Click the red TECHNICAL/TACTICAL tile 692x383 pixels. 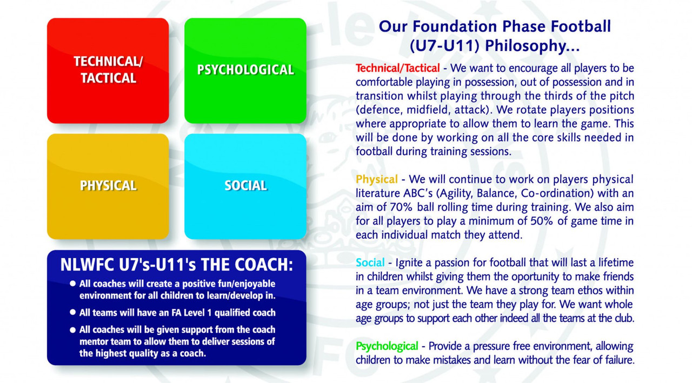[108, 71]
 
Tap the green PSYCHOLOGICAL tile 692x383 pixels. [245, 71]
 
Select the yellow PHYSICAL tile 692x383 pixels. [108, 186]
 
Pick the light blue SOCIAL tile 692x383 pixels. [245, 186]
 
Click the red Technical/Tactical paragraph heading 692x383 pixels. [397, 68]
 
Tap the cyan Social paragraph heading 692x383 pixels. [370, 263]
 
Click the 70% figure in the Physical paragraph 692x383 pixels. [401, 207]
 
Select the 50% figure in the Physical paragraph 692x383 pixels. [542, 221]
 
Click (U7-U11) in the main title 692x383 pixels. [444, 46]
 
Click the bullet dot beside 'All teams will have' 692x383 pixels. [72, 312]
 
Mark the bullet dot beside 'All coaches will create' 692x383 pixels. [72, 283]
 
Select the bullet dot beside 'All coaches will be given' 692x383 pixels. [72, 330]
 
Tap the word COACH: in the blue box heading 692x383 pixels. [263, 265]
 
